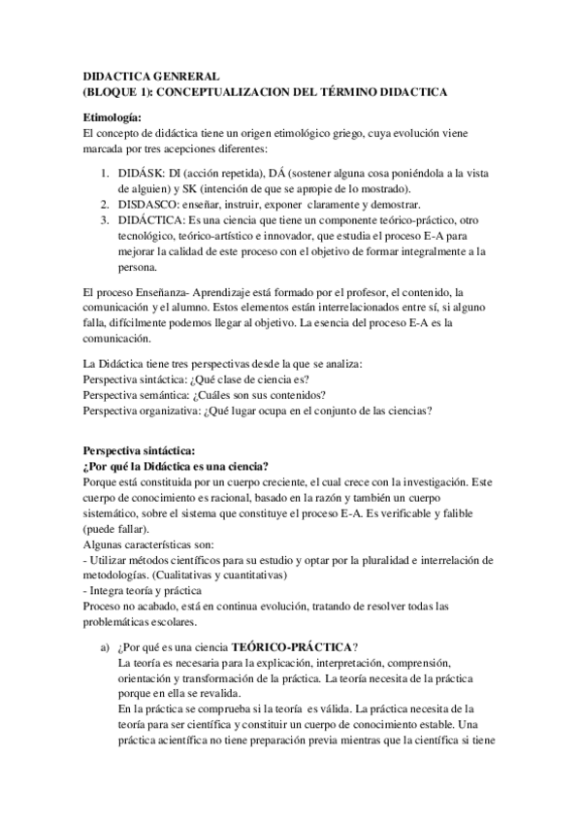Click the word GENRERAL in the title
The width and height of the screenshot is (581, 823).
click(x=188, y=74)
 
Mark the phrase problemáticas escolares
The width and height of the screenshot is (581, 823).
click(x=140, y=622)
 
